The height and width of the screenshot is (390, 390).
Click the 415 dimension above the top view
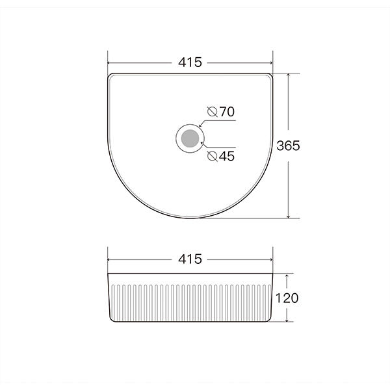click(190, 63)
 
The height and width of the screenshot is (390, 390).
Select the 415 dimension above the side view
click(190, 259)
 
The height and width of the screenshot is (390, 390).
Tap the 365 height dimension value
click(287, 146)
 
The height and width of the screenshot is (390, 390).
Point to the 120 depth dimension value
click(287, 298)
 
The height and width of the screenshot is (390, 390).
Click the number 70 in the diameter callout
click(226, 112)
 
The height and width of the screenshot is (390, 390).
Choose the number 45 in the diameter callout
click(226, 156)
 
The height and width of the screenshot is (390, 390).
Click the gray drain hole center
click(190, 138)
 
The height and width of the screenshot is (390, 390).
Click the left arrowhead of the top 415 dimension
click(110, 63)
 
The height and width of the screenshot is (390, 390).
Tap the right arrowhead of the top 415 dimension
click(270, 63)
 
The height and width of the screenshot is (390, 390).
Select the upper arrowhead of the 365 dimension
click(287, 75)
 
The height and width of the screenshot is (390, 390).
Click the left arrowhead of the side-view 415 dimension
click(110, 259)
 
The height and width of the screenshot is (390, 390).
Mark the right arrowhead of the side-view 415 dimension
click(270, 259)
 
